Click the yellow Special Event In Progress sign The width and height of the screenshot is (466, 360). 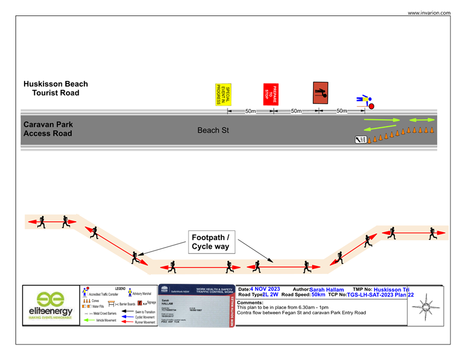222,95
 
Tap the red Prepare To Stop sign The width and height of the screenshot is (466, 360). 270,93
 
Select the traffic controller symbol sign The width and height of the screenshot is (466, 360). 320,93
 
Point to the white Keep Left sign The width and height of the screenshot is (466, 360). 361,139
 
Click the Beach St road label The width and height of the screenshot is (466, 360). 213,130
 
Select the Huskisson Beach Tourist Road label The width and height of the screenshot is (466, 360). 56,88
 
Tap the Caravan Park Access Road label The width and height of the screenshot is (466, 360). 48,129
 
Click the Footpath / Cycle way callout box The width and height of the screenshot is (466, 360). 210,242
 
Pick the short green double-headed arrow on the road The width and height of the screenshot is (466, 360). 421,120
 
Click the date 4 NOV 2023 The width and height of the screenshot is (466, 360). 265,289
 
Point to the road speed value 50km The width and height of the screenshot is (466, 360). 318,295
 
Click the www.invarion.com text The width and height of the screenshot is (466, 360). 429,13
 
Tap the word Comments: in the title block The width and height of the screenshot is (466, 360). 250,302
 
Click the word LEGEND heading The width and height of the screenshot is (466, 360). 120,288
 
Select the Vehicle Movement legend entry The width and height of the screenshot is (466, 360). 101,320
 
